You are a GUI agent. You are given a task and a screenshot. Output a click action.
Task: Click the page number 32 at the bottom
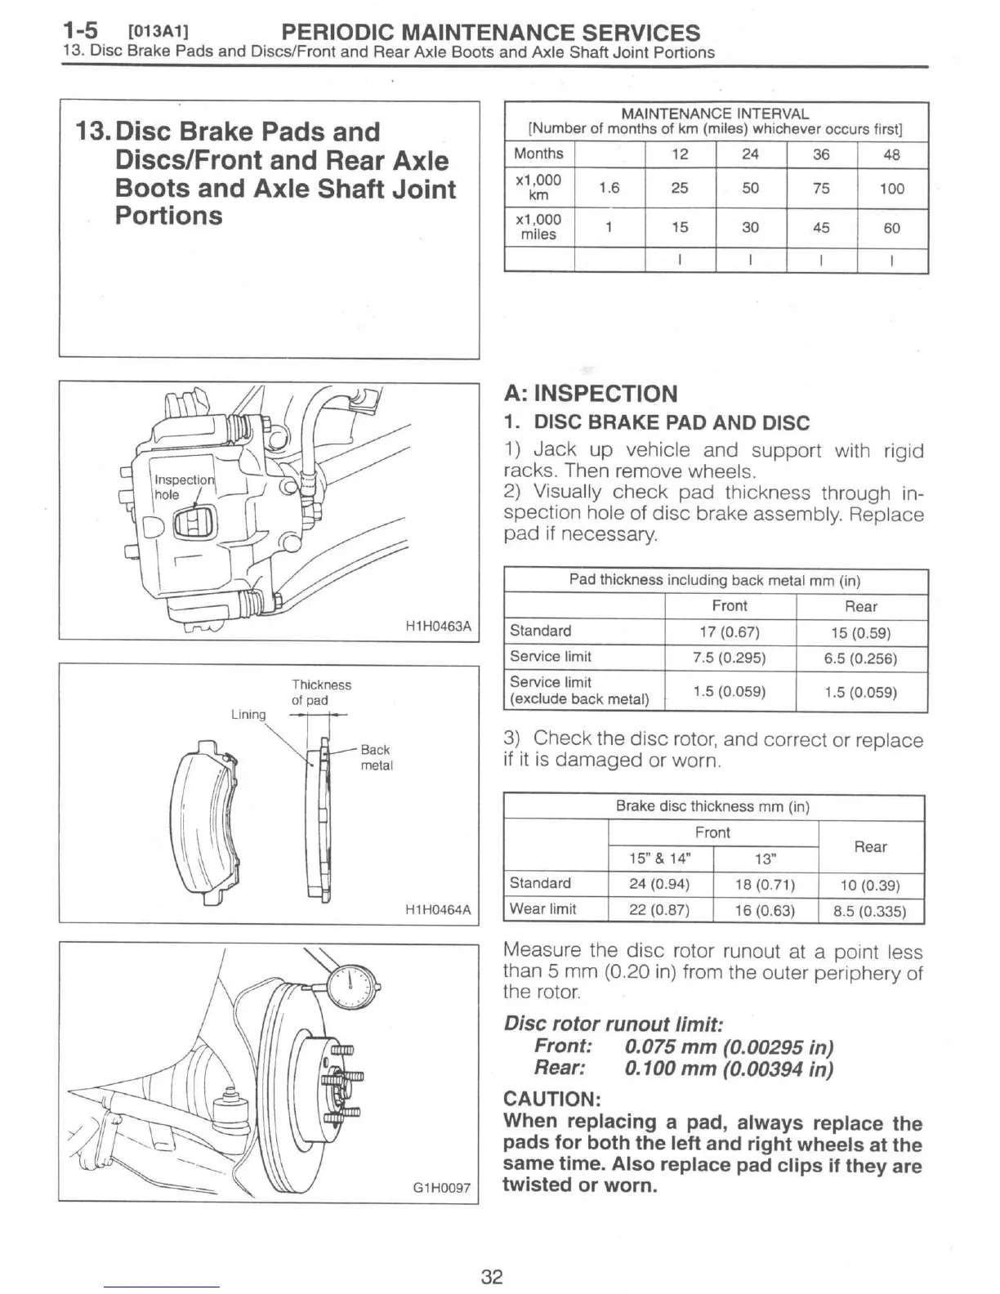click(x=491, y=1276)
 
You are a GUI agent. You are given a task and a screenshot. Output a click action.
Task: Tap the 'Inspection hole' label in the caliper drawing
click(x=183, y=487)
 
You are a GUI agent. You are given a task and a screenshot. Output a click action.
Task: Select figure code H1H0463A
click(x=438, y=627)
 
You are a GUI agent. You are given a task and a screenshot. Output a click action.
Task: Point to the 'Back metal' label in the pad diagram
click(x=376, y=757)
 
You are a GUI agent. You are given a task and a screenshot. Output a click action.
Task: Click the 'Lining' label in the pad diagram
click(x=248, y=714)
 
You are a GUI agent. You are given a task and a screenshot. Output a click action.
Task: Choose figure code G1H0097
click(x=440, y=1188)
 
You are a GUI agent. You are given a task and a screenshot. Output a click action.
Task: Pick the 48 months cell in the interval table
click(x=891, y=154)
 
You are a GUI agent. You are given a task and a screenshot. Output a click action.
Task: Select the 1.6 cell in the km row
click(x=609, y=188)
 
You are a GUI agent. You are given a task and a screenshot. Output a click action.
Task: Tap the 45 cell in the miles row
click(x=821, y=228)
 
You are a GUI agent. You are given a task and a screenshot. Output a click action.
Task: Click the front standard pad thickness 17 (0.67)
click(x=730, y=632)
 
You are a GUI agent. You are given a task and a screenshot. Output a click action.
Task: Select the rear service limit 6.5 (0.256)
click(x=860, y=658)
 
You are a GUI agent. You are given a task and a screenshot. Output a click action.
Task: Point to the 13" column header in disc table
click(x=765, y=859)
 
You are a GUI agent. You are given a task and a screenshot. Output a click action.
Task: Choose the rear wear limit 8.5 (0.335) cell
click(x=869, y=911)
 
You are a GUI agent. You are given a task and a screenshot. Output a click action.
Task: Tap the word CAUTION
click(x=552, y=1098)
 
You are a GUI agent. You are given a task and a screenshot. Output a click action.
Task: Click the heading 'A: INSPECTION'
click(x=591, y=394)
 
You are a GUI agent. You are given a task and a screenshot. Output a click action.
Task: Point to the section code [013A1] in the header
click(x=158, y=33)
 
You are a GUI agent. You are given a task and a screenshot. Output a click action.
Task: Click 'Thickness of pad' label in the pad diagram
click(x=321, y=692)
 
